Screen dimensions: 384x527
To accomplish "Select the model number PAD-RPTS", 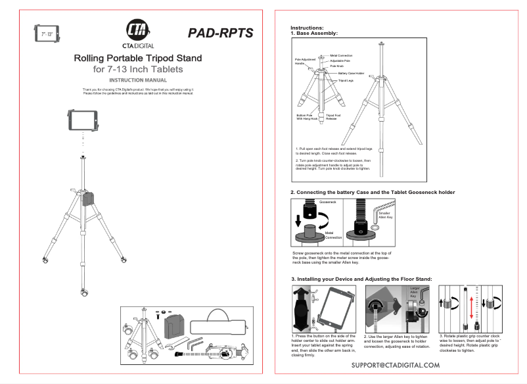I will point(220,33).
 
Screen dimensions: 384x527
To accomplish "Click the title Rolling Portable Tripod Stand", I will point(137,59).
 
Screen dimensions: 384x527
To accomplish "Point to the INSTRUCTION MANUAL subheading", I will point(137,80).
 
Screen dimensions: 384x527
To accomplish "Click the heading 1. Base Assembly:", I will point(314,33).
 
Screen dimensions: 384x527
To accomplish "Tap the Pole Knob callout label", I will point(336,66).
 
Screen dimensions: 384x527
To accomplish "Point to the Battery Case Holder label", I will point(351,73).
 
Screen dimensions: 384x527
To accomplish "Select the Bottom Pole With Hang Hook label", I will point(307,117).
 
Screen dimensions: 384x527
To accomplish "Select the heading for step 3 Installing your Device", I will point(361,279).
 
